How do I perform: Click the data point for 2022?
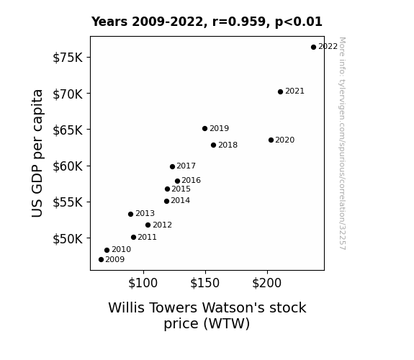coord(313,48)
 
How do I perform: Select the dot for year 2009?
coord(101,260)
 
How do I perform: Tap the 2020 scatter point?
coord(271,140)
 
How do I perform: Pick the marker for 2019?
coord(204,129)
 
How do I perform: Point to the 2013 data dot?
coord(130,215)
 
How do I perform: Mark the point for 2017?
coord(172,166)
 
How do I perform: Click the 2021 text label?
coord(294,91)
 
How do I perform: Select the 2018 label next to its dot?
coord(228,145)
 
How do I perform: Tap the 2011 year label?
coord(147,237)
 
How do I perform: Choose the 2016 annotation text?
coord(191,181)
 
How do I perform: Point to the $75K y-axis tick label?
coord(68,58)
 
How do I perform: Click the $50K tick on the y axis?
coord(68,239)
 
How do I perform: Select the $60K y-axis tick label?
coord(68,166)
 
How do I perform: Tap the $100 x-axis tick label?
coord(143,283)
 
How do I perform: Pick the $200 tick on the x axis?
coord(266,283)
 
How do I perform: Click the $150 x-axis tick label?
coord(205,283)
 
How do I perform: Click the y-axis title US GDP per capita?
coord(37,153)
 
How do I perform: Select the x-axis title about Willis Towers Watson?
coord(207,315)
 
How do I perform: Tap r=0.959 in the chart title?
coord(239,22)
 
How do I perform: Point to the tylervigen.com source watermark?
coord(342,143)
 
